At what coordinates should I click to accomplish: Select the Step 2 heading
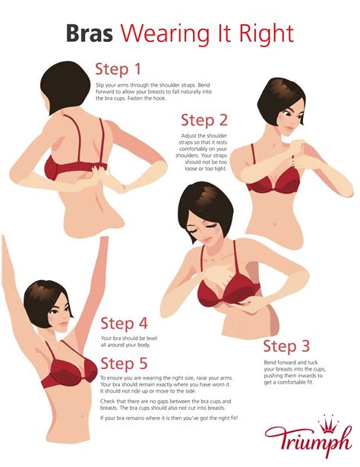coord(204,120)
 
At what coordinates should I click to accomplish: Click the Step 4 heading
coord(124,323)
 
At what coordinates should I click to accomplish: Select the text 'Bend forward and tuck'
coord(287,362)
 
